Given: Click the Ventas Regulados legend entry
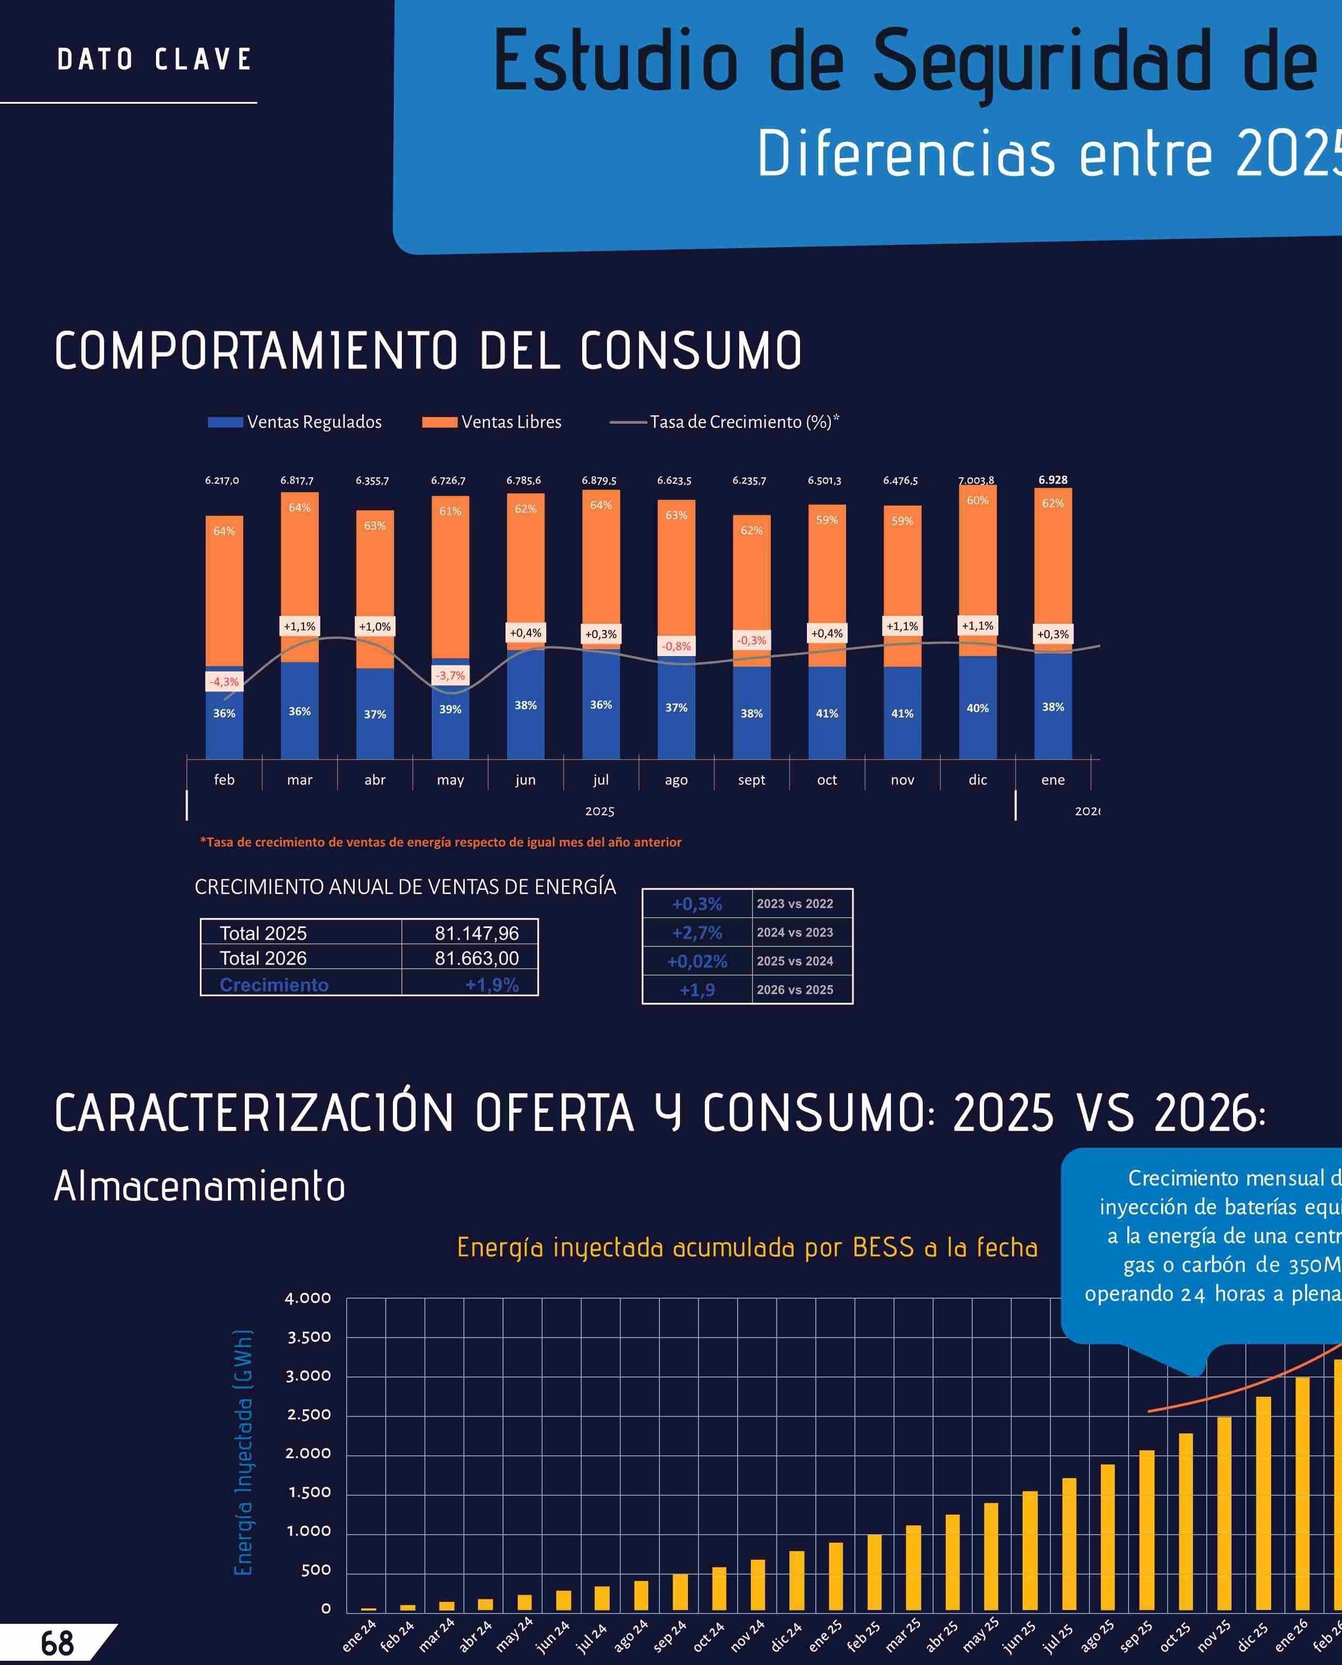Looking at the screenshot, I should click(x=295, y=422).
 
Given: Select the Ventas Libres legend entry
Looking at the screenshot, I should click(x=492, y=422).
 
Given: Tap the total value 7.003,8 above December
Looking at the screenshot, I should click(x=976, y=480).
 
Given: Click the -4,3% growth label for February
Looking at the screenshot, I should click(x=224, y=681).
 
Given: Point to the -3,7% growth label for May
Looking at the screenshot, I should click(x=450, y=675).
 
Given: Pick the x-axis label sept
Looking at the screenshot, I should click(x=751, y=779).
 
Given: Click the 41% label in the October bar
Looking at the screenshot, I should click(x=826, y=713).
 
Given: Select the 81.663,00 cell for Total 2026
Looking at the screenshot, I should click(x=476, y=958).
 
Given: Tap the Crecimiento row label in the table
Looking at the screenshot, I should click(x=274, y=985).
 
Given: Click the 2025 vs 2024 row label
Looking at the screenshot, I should click(x=795, y=961).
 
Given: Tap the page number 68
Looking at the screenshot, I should click(x=57, y=1643).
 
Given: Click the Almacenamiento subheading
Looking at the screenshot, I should click(x=199, y=1186).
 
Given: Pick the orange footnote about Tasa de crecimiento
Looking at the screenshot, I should click(x=440, y=842).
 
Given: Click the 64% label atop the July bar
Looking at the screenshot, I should click(x=601, y=505).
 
